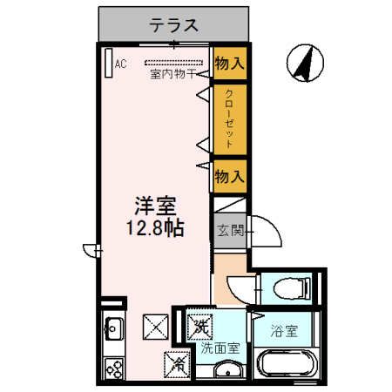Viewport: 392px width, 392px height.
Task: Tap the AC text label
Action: [121, 63]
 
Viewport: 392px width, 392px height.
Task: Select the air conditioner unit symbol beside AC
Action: [108, 64]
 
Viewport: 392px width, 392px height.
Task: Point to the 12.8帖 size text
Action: [156, 231]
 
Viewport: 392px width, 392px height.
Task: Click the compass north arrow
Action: [304, 64]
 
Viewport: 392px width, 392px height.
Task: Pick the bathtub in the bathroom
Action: [287, 365]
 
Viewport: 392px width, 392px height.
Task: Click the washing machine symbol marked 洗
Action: [200, 328]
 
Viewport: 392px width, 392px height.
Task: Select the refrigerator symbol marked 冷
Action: [175, 360]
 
